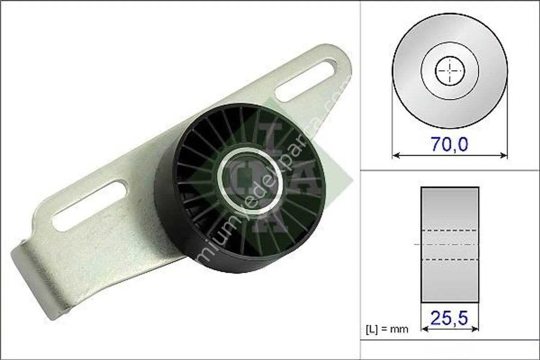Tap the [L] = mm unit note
(x=387, y=329)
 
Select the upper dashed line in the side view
(x=450, y=230)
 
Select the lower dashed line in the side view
(x=450, y=260)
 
